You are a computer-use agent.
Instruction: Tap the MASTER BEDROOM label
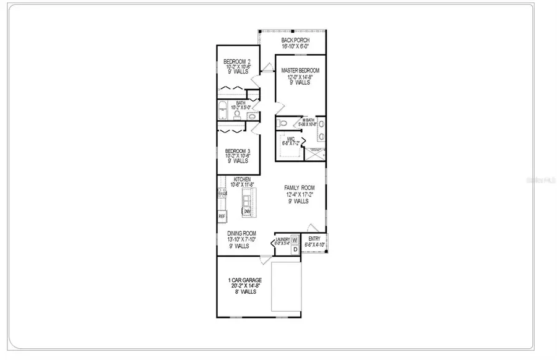300,71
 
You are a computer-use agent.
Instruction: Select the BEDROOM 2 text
236,61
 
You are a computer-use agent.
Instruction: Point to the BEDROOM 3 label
236,151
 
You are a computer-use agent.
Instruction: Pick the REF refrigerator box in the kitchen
221,216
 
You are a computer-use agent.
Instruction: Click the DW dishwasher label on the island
247,212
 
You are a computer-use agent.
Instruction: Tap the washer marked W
295,239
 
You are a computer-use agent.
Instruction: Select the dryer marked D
295,249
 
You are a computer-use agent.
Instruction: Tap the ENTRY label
315,238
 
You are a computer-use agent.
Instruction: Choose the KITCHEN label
241,179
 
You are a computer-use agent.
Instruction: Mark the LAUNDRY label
283,239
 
